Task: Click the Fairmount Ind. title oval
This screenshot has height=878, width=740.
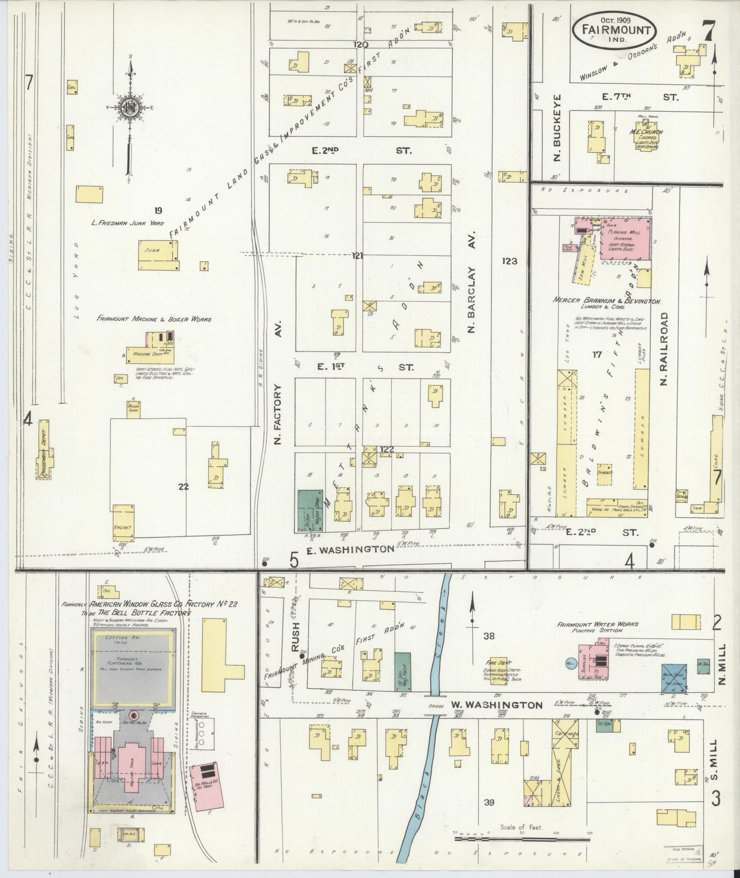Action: tap(619, 30)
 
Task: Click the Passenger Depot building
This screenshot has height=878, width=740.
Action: tap(45, 455)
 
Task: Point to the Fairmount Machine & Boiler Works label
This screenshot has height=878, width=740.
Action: tap(154, 319)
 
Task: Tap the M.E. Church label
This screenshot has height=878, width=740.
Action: tap(646, 132)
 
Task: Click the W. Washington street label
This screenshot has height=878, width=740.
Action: tap(496, 705)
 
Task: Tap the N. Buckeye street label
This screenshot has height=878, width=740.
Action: tap(558, 127)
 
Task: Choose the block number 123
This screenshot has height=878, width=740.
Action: tap(510, 261)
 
